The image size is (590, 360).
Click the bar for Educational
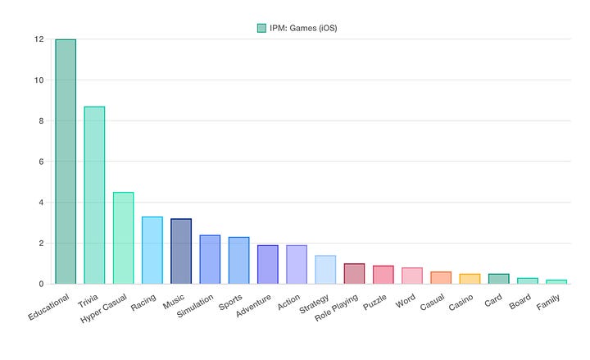point(66,162)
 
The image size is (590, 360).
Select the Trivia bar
point(94,195)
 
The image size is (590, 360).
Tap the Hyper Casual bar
point(123,238)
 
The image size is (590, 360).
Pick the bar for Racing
point(152,250)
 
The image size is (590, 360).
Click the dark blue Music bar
point(181,251)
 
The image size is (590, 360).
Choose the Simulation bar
point(210,259)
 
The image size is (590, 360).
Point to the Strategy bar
point(325,270)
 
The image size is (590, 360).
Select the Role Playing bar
point(354,274)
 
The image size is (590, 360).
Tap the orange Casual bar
point(441,278)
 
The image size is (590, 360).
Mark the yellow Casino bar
point(470,279)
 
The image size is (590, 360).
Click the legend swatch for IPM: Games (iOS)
point(261,28)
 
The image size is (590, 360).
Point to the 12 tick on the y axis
point(39,39)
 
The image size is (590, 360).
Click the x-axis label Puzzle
point(374,301)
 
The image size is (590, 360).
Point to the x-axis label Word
point(406,299)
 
